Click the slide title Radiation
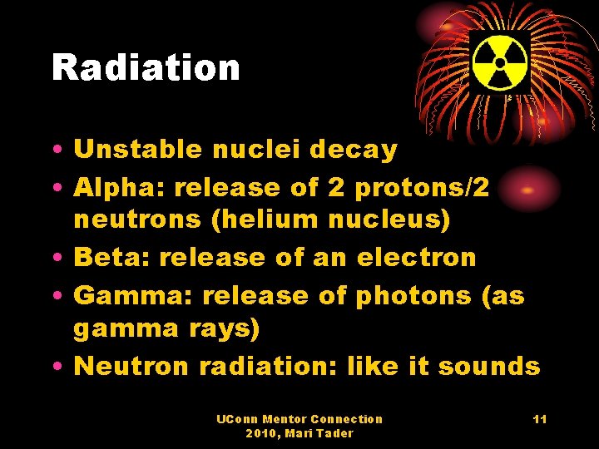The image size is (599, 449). point(146,67)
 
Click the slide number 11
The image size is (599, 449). point(540,420)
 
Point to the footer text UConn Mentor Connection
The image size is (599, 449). point(299,419)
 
